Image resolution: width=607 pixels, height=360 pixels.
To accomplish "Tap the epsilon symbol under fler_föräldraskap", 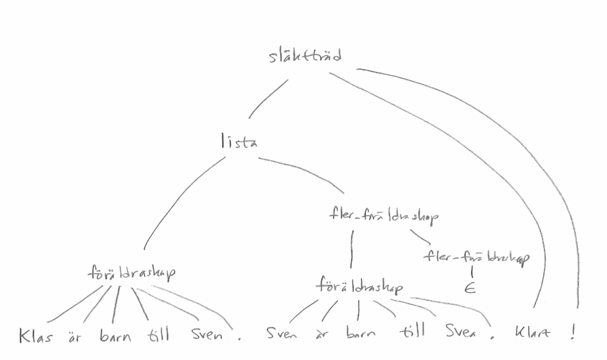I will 470,289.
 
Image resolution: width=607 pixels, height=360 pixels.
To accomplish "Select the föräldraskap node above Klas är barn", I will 132,273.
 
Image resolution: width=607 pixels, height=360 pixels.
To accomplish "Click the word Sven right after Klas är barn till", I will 206,334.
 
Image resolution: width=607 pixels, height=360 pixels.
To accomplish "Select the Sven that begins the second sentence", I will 281,334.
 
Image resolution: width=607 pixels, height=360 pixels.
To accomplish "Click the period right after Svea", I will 492,339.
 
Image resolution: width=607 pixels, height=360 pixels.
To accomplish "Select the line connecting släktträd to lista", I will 267,100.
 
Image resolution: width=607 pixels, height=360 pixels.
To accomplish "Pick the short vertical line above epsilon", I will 471,272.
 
